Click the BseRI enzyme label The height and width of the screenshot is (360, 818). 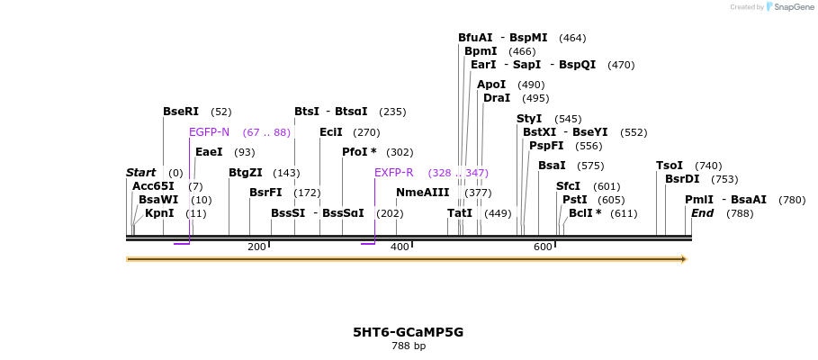(x=180, y=112)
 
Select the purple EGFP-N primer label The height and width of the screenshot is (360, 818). (x=209, y=132)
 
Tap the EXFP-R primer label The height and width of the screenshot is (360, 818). (x=393, y=173)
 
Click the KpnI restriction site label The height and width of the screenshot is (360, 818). (x=159, y=213)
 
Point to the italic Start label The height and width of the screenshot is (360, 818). (x=140, y=173)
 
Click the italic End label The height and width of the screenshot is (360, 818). (x=702, y=213)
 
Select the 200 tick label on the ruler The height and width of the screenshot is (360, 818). (x=256, y=247)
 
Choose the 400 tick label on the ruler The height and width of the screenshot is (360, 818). (x=400, y=247)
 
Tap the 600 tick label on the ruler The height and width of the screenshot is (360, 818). (x=543, y=247)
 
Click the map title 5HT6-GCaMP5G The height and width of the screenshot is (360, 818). (x=408, y=332)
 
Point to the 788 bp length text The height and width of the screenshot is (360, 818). (x=408, y=346)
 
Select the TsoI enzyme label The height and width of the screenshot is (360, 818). (x=669, y=166)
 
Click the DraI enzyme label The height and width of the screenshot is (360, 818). (x=497, y=98)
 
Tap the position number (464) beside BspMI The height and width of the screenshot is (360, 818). (x=572, y=38)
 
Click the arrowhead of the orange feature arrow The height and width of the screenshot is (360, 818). (x=684, y=259)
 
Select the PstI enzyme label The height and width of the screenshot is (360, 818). (x=574, y=200)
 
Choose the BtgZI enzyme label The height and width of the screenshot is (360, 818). (x=245, y=173)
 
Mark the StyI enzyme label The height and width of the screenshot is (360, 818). (x=529, y=119)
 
